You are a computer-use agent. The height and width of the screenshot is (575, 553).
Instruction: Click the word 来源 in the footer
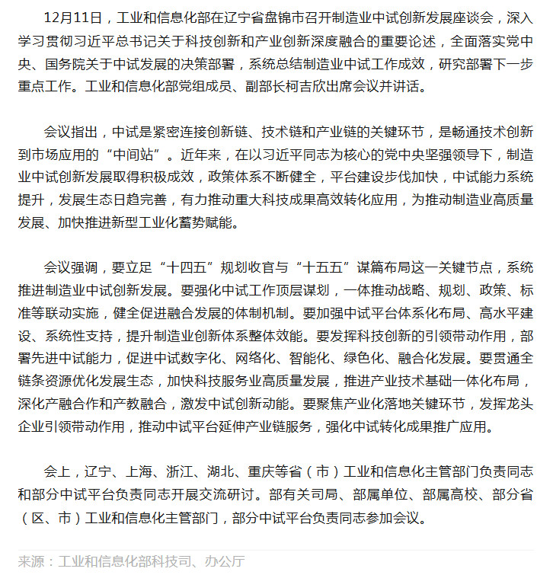point(30,561)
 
